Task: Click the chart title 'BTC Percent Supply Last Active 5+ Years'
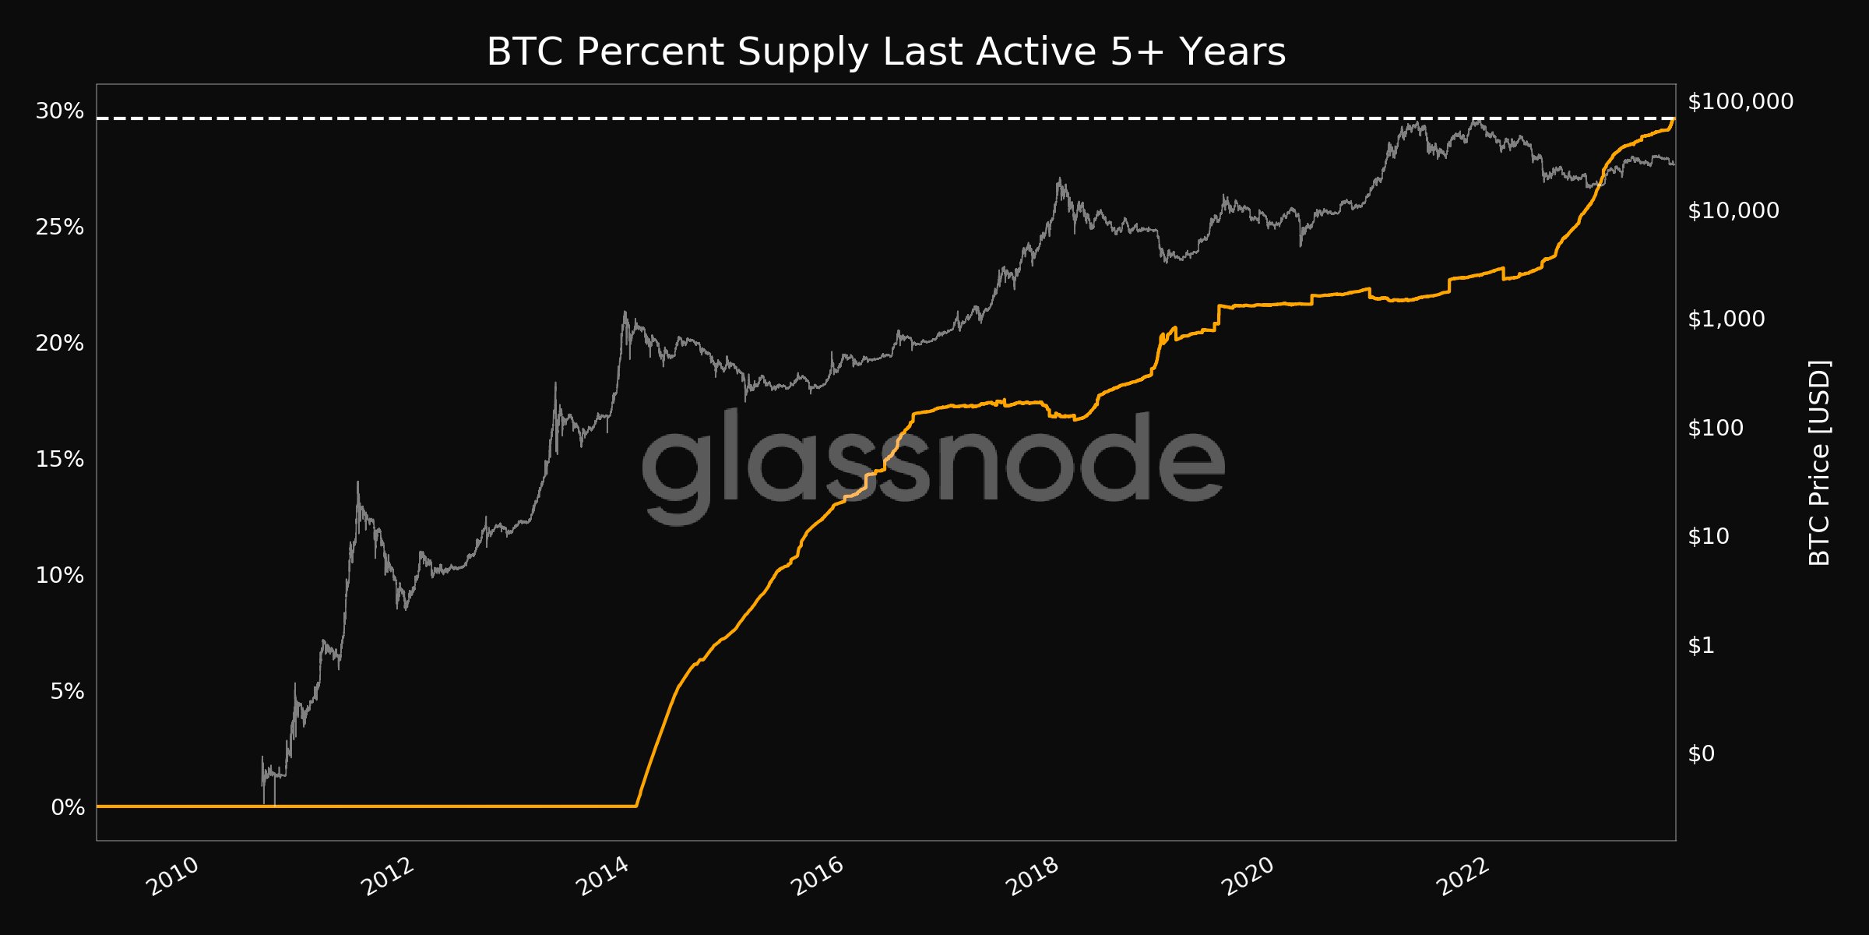[885, 52]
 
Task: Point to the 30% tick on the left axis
[60, 111]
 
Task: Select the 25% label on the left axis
[60, 228]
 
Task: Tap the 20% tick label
[60, 344]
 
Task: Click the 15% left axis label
[60, 460]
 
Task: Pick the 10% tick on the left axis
[60, 576]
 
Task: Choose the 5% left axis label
[67, 692]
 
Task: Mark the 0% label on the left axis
[68, 808]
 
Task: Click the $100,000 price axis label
[1741, 101]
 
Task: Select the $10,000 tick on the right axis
[1733, 210]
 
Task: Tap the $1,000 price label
[1726, 319]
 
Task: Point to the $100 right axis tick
[1716, 428]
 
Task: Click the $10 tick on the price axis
[1709, 536]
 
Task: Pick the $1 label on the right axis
[1702, 645]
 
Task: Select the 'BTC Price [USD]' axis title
[1820, 463]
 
